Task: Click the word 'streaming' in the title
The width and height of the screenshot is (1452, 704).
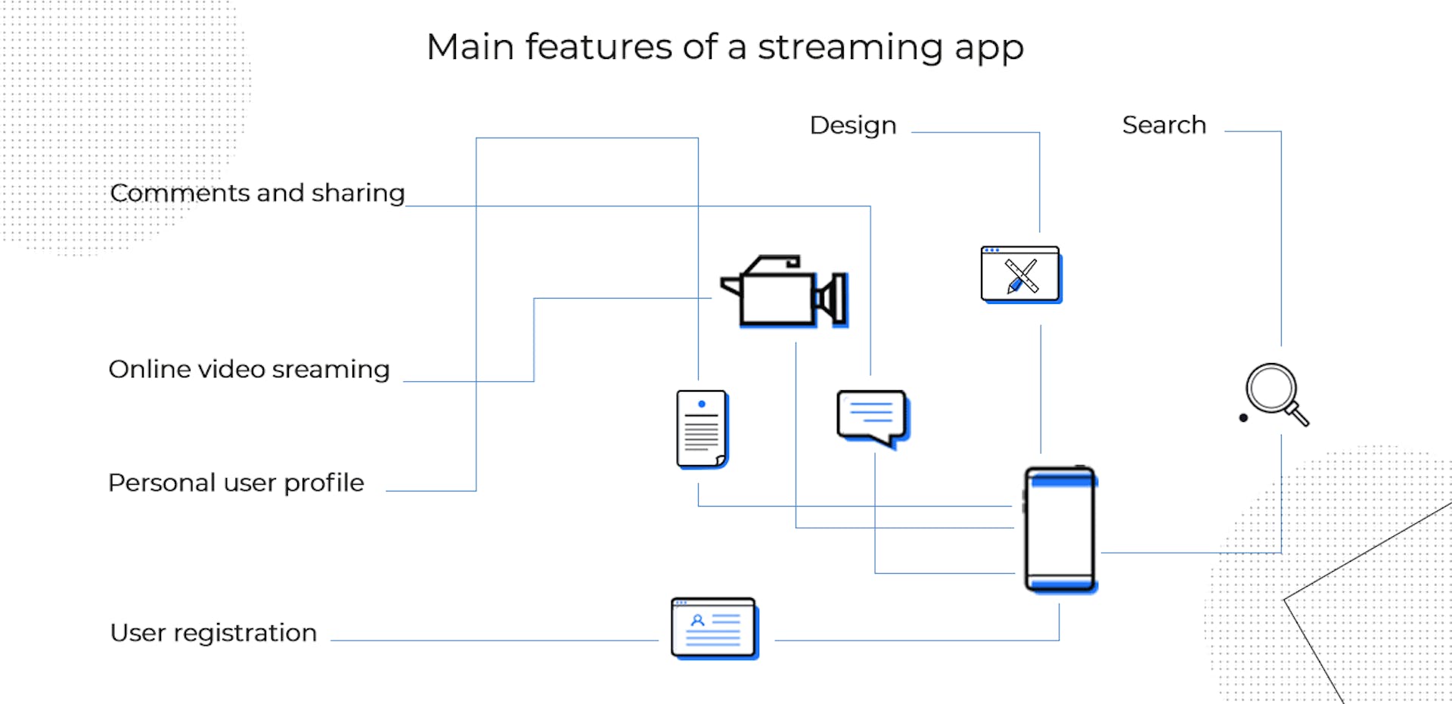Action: coord(850,48)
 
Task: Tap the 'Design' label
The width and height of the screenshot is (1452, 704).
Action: coord(852,126)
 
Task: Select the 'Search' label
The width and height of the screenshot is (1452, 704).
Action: coord(1163,125)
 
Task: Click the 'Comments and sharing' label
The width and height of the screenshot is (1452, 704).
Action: coord(257,193)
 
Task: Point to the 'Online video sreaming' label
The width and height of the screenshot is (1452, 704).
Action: coord(249,369)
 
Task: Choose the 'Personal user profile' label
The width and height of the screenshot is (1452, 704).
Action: coord(236,482)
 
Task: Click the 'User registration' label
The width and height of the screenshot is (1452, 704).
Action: coord(213,632)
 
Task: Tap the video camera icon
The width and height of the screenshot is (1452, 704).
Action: coord(783,293)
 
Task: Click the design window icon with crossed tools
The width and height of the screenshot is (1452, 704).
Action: coord(1020,274)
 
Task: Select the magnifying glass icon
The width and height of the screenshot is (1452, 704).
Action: coord(1276,393)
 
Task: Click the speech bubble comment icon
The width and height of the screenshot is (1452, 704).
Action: coord(872,416)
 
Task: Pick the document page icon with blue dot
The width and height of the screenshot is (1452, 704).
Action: coord(701,429)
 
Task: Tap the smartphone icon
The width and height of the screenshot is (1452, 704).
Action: coord(1060,529)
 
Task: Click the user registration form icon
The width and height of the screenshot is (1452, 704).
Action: coord(713,628)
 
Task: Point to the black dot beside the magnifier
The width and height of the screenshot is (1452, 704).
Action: coord(1243,417)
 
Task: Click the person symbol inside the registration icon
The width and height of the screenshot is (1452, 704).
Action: coord(698,620)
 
